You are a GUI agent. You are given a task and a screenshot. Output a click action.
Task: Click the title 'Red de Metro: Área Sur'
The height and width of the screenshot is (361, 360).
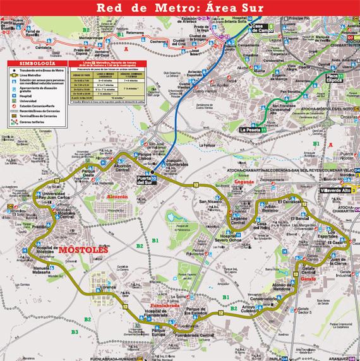179,8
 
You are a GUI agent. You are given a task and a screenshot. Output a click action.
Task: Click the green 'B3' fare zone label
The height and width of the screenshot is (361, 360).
74,332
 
